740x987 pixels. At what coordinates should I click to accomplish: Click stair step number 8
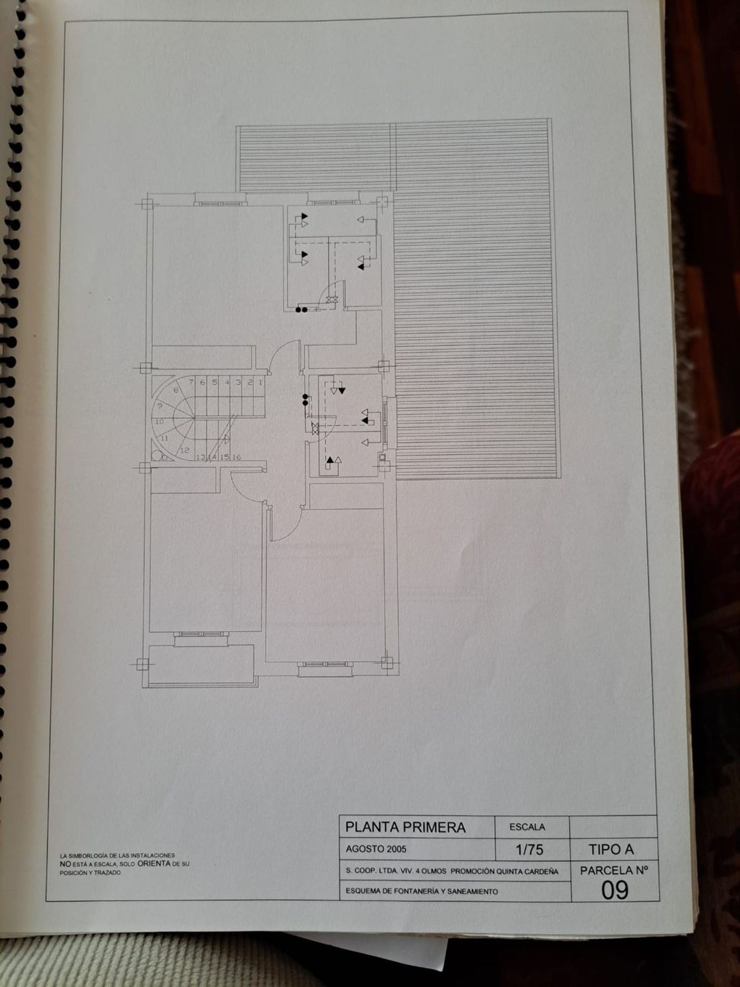176,390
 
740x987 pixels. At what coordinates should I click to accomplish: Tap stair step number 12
185,450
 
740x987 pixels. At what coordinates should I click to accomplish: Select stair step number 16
237,457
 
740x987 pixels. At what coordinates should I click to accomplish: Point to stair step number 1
260,382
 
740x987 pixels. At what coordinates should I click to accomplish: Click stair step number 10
159,422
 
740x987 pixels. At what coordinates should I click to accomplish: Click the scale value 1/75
529,849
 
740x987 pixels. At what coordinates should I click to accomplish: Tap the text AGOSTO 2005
376,849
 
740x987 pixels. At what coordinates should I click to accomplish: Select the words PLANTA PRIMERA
405,827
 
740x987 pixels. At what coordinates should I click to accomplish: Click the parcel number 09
615,890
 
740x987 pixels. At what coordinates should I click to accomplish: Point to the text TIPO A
611,849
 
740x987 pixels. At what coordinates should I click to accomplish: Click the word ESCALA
527,827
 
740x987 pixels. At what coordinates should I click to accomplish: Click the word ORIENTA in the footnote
154,864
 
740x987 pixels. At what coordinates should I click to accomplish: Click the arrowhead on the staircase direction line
227,438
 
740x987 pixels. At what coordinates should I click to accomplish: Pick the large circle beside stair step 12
156,455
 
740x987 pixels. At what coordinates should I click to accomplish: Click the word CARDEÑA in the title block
541,871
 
